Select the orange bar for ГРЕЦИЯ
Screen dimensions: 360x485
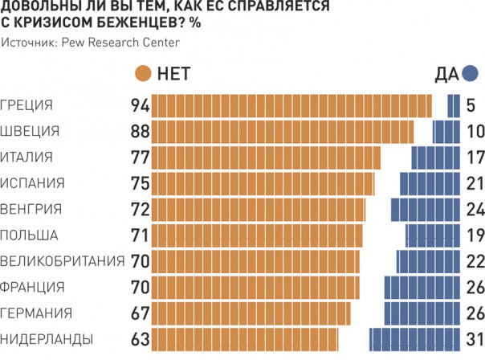(291, 106)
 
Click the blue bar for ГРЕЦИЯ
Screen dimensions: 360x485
(454, 106)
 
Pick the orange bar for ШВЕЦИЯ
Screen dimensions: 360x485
(283, 132)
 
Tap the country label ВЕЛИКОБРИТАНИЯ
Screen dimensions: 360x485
(63, 261)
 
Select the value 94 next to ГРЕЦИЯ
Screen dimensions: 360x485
(141, 106)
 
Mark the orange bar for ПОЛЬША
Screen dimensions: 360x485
(257, 235)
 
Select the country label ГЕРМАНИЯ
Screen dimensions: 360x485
(37, 313)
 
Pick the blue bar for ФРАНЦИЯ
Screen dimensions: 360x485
(422, 287)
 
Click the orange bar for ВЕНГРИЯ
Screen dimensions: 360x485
(259, 210)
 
